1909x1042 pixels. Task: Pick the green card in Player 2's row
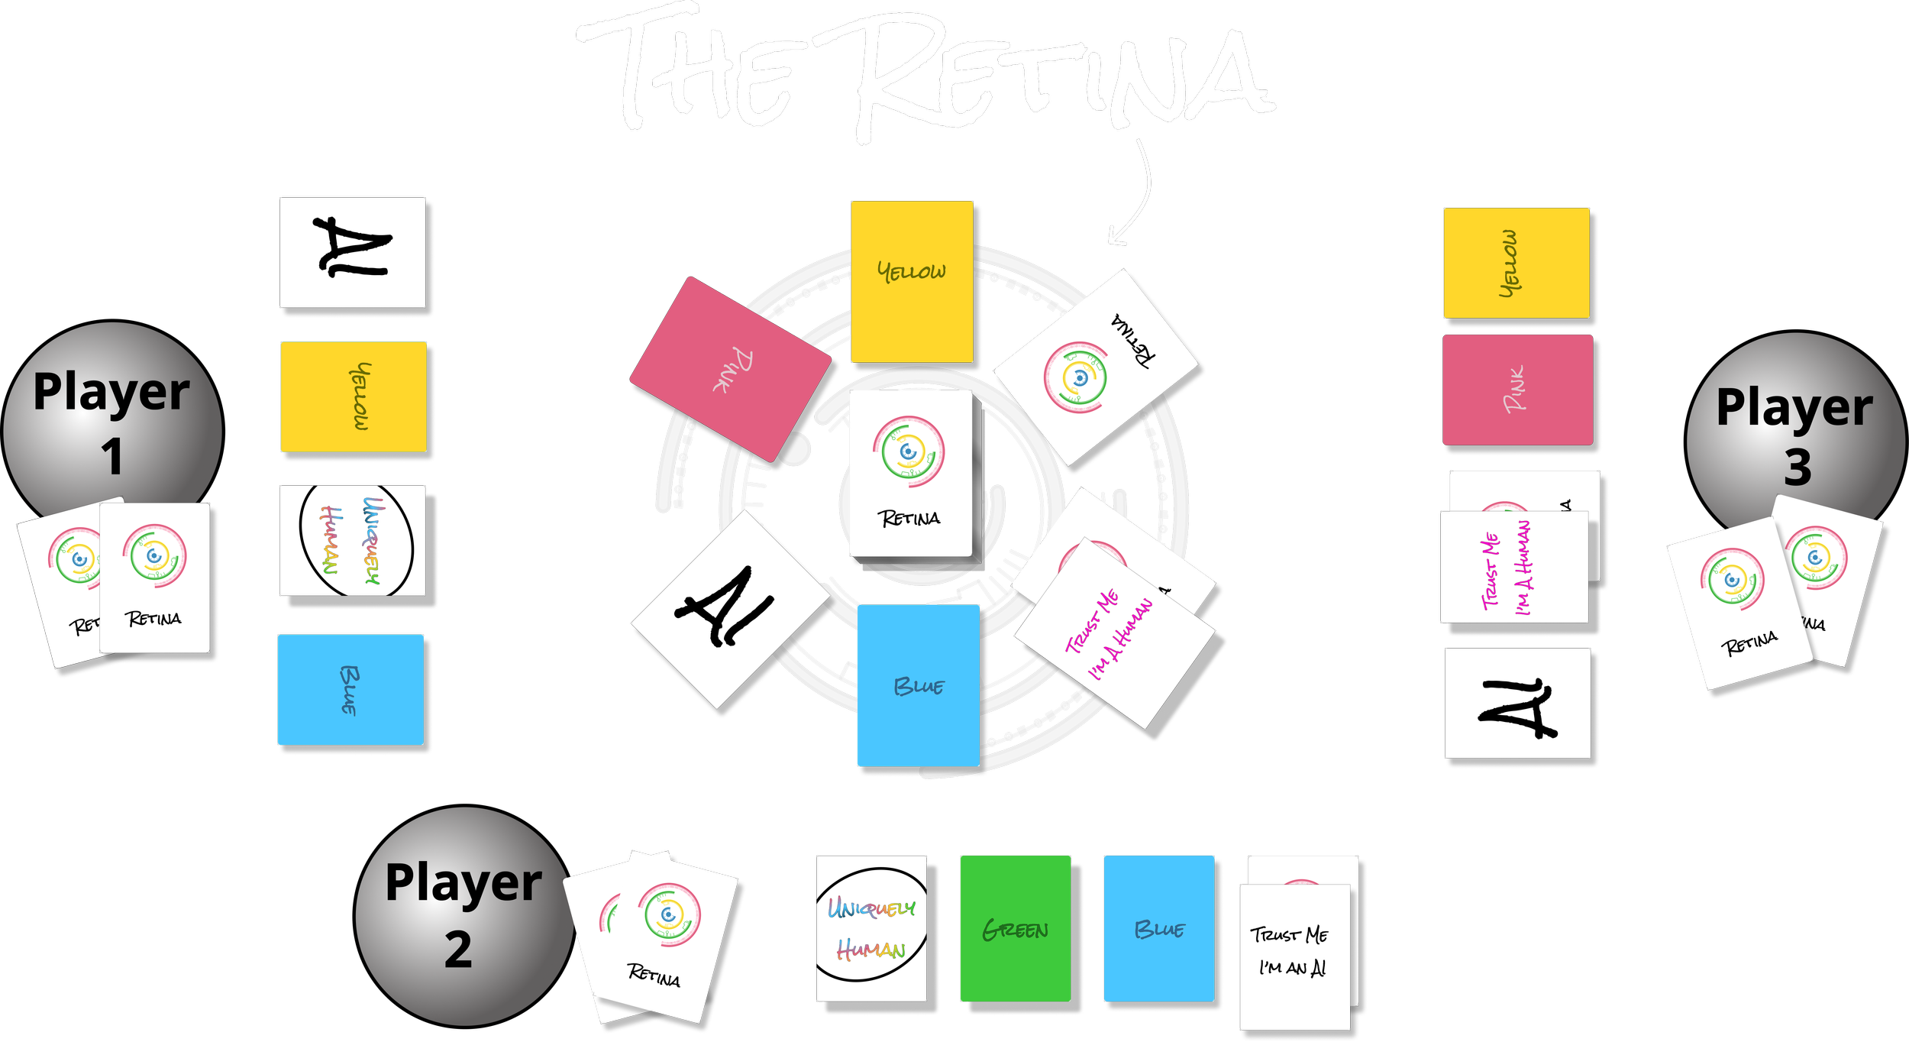pos(1016,928)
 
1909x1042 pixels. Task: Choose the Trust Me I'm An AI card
pos(1295,955)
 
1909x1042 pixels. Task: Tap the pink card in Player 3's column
pos(1517,390)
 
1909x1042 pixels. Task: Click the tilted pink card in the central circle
pos(731,369)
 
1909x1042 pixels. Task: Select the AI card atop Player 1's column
pos(352,253)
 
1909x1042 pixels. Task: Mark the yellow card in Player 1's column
pos(354,396)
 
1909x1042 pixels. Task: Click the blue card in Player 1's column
pos(350,689)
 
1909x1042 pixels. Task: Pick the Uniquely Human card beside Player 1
pos(353,541)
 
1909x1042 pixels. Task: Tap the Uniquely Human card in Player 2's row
pos(871,928)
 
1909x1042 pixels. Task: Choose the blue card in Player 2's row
pos(1159,928)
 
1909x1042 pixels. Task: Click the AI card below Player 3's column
pos(1517,704)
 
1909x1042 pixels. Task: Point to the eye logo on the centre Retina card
pos(909,451)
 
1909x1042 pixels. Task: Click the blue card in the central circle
pos(919,685)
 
